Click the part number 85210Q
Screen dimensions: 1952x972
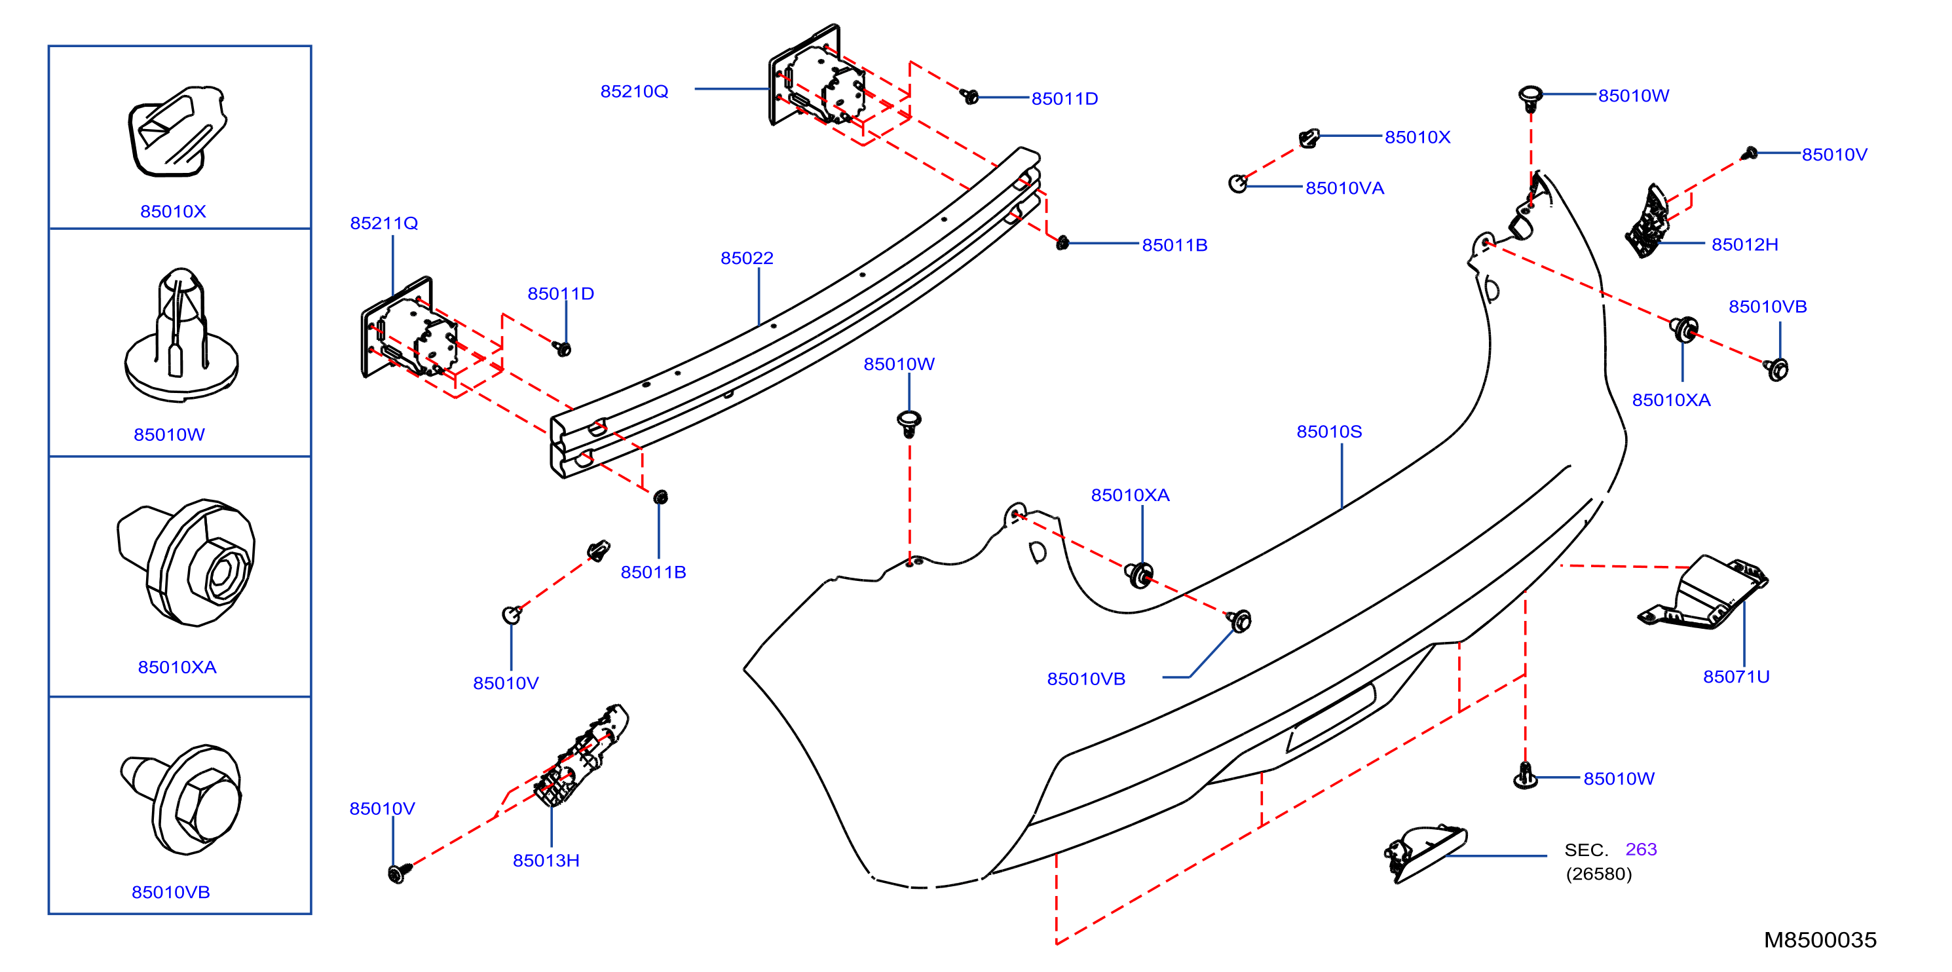pos(634,92)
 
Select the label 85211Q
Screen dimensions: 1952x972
pos(385,223)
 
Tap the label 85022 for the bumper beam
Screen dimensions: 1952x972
pos(747,258)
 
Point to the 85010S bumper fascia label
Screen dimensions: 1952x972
pos(1329,432)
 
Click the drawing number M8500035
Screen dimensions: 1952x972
pos(1820,940)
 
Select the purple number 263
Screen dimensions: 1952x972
pos(1642,850)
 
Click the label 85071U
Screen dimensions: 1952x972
pos(1736,677)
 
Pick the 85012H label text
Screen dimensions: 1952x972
pos(1745,245)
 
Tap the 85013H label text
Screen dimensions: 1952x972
pos(546,861)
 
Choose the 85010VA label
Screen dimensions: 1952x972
pos(1345,189)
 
